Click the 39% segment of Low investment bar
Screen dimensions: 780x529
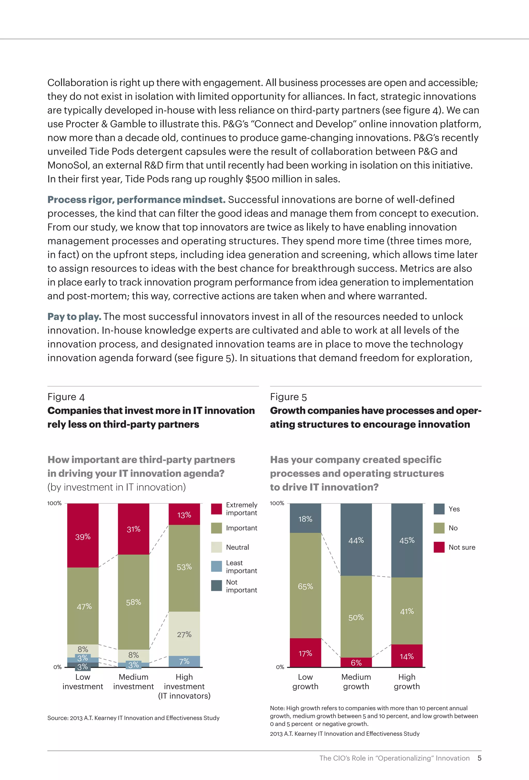click(83, 536)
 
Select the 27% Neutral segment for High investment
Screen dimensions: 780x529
click(184, 634)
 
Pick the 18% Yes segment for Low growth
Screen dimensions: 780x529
click(305, 518)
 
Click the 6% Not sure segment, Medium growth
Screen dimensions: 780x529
click(356, 662)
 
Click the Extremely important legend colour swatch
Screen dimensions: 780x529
click(216, 509)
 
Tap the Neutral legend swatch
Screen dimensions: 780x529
click(216, 547)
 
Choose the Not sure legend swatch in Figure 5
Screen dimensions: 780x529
click(439, 547)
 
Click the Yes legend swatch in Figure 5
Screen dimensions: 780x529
click(439, 509)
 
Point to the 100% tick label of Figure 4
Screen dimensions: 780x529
click(54, 503)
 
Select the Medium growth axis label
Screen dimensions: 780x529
click(356, 682)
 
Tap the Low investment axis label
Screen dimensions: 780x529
click(83, 682)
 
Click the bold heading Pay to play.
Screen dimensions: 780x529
click(74, 317)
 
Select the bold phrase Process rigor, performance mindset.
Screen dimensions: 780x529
click(136, 200)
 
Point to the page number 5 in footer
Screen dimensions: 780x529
click(479, 758)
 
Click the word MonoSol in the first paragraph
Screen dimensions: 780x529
click(66, 165)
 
